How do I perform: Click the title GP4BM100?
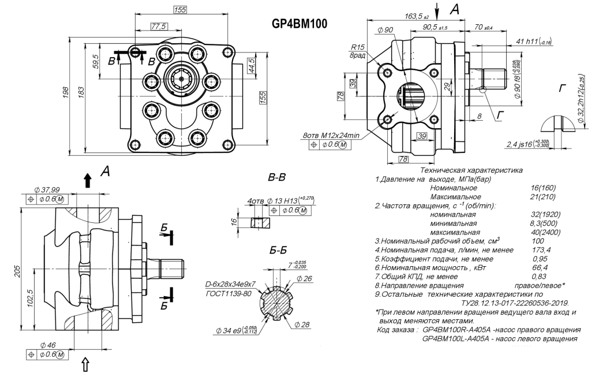pos(299,24)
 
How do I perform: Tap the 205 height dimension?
pos(18,271)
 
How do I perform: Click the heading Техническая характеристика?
pos(471,170)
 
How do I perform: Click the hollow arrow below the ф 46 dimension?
pos(88,364)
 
